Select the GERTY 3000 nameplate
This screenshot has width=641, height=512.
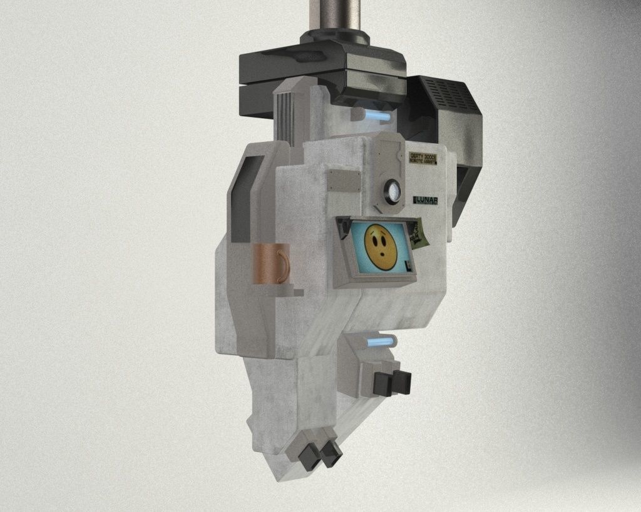coord(422,158)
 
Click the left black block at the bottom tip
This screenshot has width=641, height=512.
coord(307,458)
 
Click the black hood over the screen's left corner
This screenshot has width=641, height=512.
coord(343,228)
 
